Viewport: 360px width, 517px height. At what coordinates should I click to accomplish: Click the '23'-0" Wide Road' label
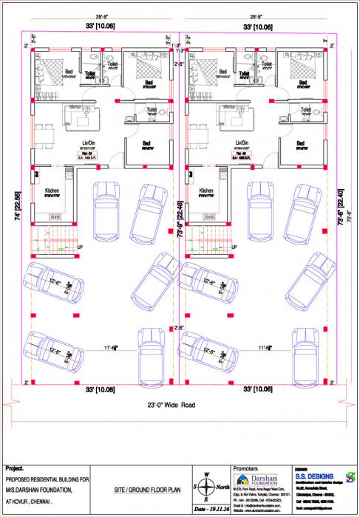point(180,405)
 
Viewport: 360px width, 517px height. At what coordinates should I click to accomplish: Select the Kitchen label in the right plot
point(208,191)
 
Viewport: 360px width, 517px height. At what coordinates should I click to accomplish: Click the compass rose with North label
point(207,487)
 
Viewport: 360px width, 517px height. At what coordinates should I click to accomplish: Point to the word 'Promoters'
point(246,469)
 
